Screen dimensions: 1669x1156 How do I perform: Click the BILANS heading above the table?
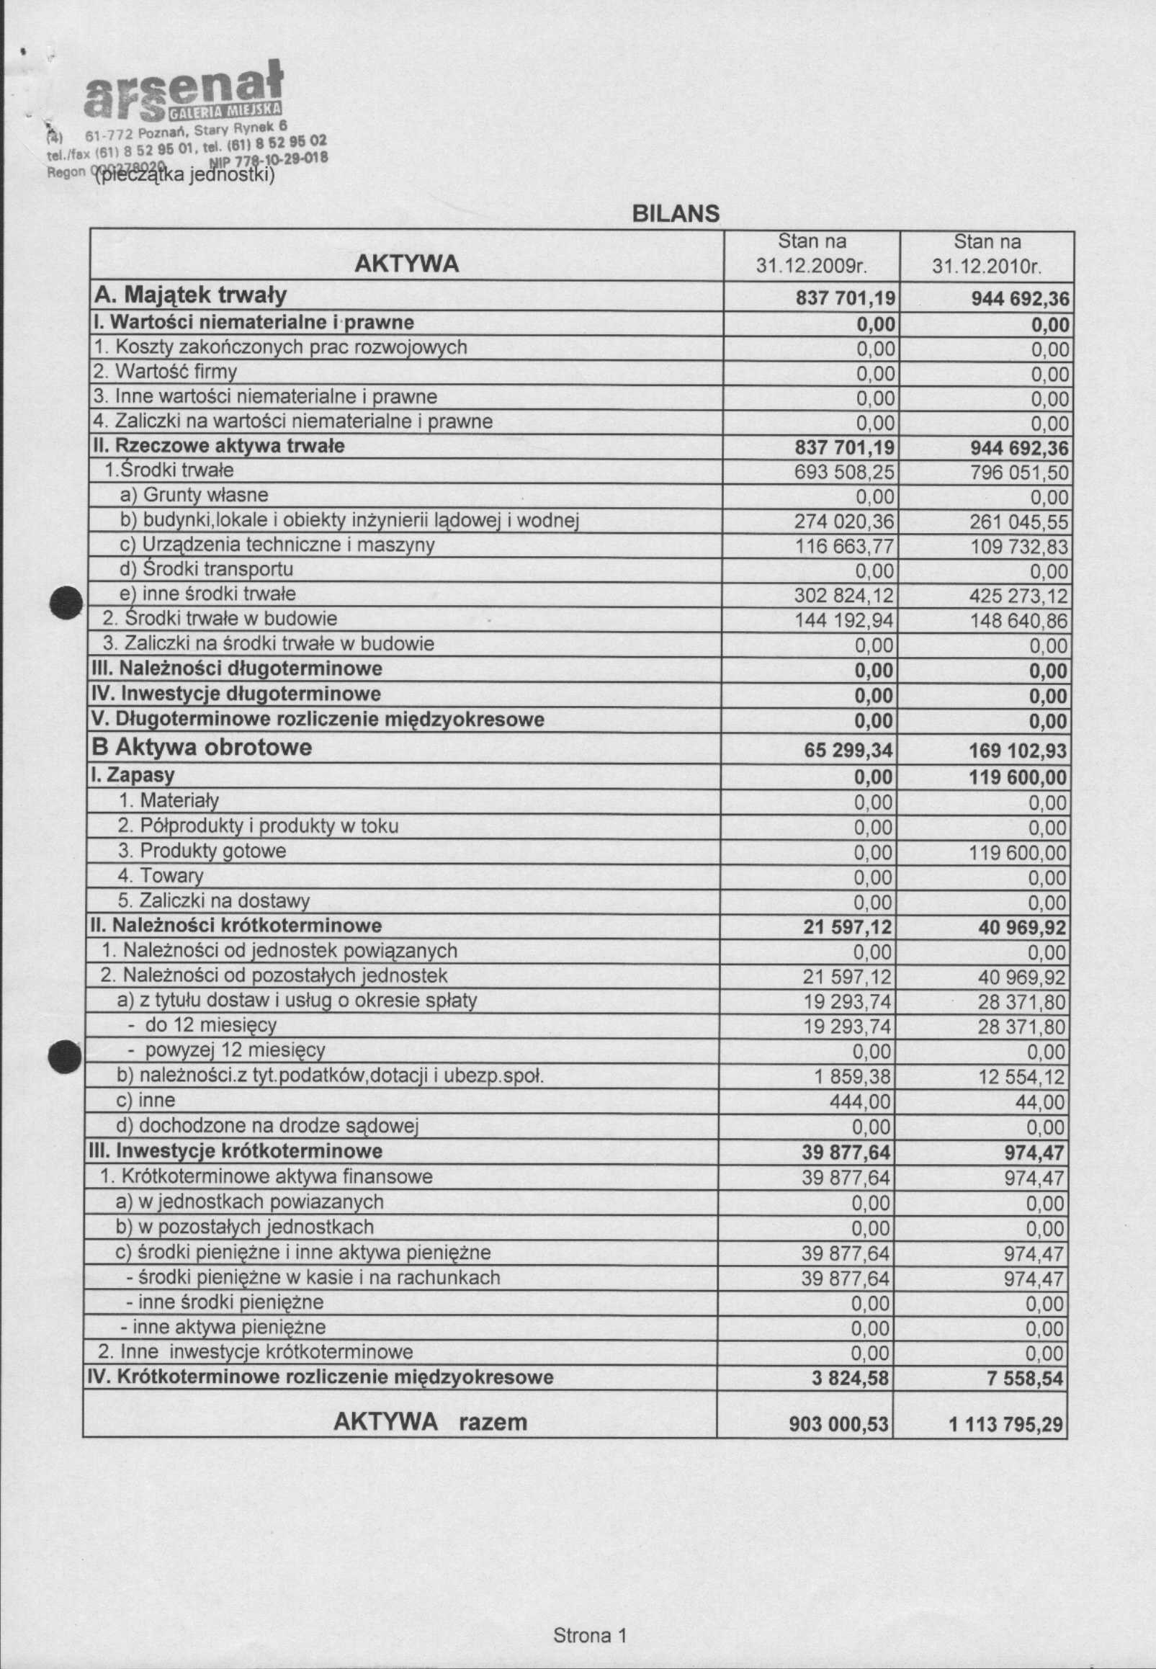click(675, 214)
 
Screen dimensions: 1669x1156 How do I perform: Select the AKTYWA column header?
click(406, 264)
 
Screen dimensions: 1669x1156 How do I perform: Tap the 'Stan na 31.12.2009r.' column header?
click(811, 254)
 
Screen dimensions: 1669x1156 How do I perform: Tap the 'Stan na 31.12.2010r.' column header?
click(987, 254)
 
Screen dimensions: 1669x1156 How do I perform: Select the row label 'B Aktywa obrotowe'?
click(202, 747)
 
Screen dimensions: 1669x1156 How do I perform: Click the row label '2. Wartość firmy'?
click(165, 372)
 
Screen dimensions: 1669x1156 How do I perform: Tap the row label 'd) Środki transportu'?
click(207, 569)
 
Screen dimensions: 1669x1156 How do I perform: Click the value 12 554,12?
click(1021, 1077)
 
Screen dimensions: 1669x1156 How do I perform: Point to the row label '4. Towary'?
click(160, 876)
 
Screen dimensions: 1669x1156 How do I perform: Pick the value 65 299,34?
click(848, 751)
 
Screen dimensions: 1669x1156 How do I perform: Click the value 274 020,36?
click(845, 522)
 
